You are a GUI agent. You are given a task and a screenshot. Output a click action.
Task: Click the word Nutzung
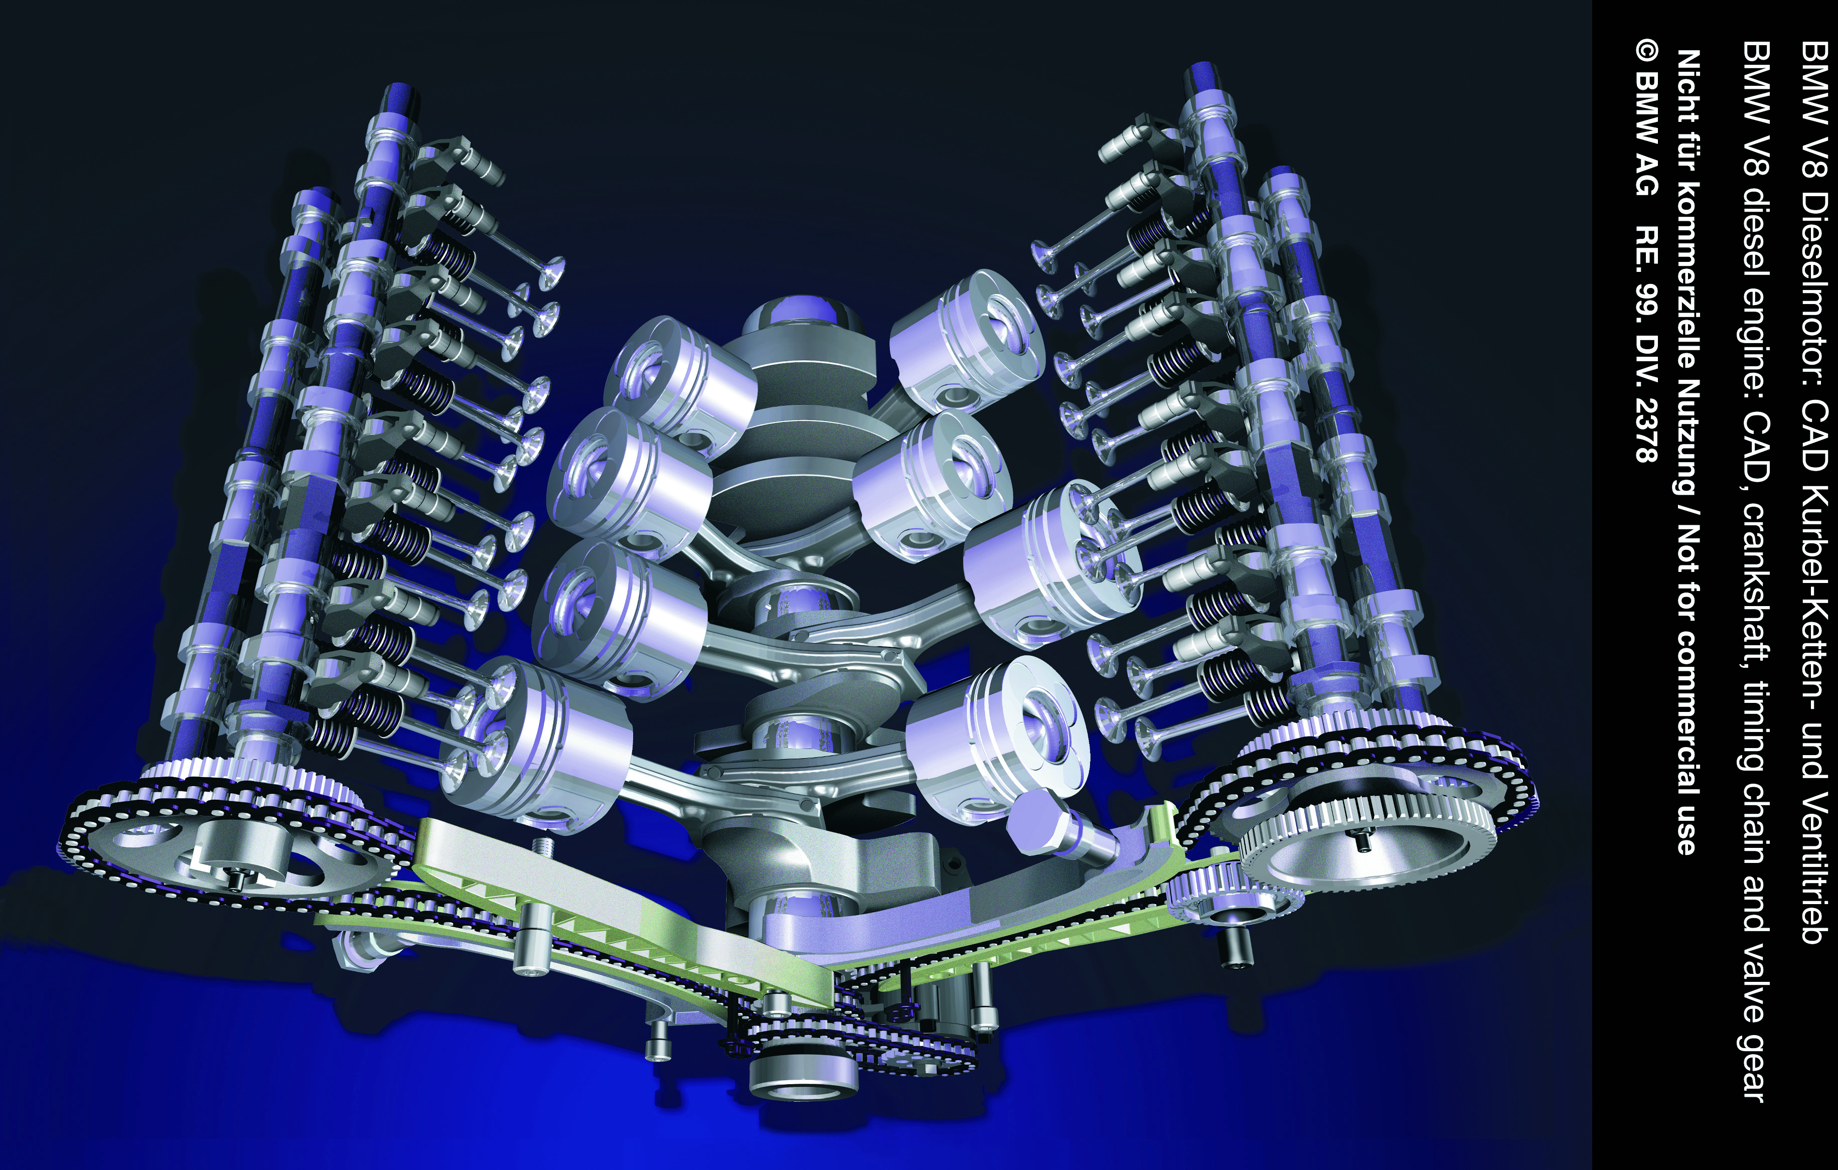pos(1689,428)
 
